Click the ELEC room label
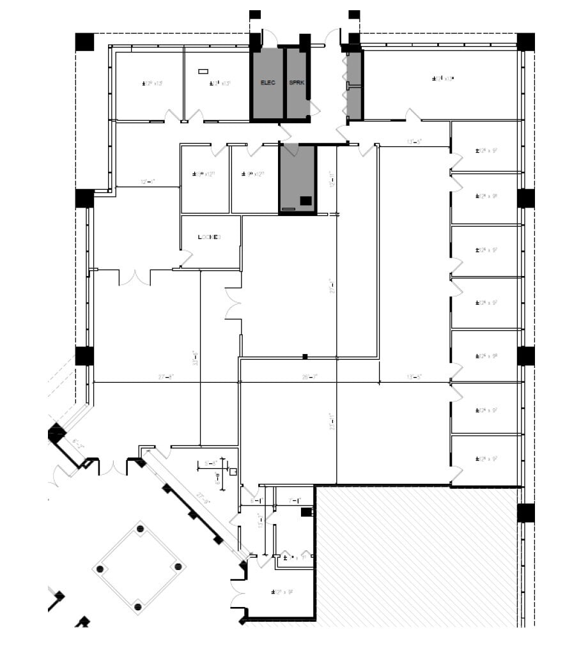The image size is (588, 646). (267, 83)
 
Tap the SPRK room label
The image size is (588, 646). (296, 83)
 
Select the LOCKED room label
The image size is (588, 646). (209, 237)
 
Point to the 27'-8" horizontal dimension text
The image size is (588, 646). (166, 378)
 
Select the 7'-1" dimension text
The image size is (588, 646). (295, 500)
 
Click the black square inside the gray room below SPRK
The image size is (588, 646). (306, 201)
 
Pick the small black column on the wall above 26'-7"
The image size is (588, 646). (305, 356)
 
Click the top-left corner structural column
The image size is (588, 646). (84, 42)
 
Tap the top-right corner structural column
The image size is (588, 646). (525, 42)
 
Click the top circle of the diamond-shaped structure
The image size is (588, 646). (139, 529)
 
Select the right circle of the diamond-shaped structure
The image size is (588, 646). (178, 567)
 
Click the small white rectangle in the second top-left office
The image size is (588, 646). (203, 71)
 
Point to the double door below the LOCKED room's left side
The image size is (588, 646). (135, 278)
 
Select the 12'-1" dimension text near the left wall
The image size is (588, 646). (147, 182)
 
